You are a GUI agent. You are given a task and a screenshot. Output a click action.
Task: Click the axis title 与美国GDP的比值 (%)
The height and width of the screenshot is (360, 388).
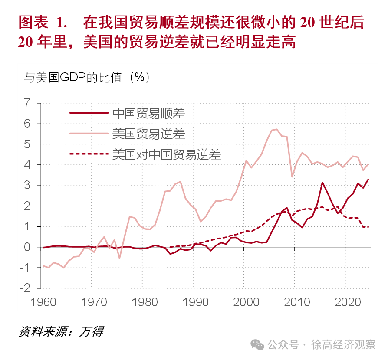coord(87,77)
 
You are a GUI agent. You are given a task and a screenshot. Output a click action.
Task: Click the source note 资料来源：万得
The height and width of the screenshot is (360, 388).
coord(61,332)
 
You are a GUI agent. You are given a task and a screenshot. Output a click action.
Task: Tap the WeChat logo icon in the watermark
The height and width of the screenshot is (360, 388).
coord(259,345)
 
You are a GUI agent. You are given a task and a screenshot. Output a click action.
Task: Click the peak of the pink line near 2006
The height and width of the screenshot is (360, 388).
coord(276,129)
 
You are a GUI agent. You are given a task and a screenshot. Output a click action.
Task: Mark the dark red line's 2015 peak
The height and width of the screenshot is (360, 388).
coord(322,182)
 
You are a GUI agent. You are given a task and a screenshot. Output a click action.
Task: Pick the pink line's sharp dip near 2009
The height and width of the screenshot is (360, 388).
coord(292,177)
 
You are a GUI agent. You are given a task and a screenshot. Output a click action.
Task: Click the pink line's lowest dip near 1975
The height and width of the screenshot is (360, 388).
coord(119,258)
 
